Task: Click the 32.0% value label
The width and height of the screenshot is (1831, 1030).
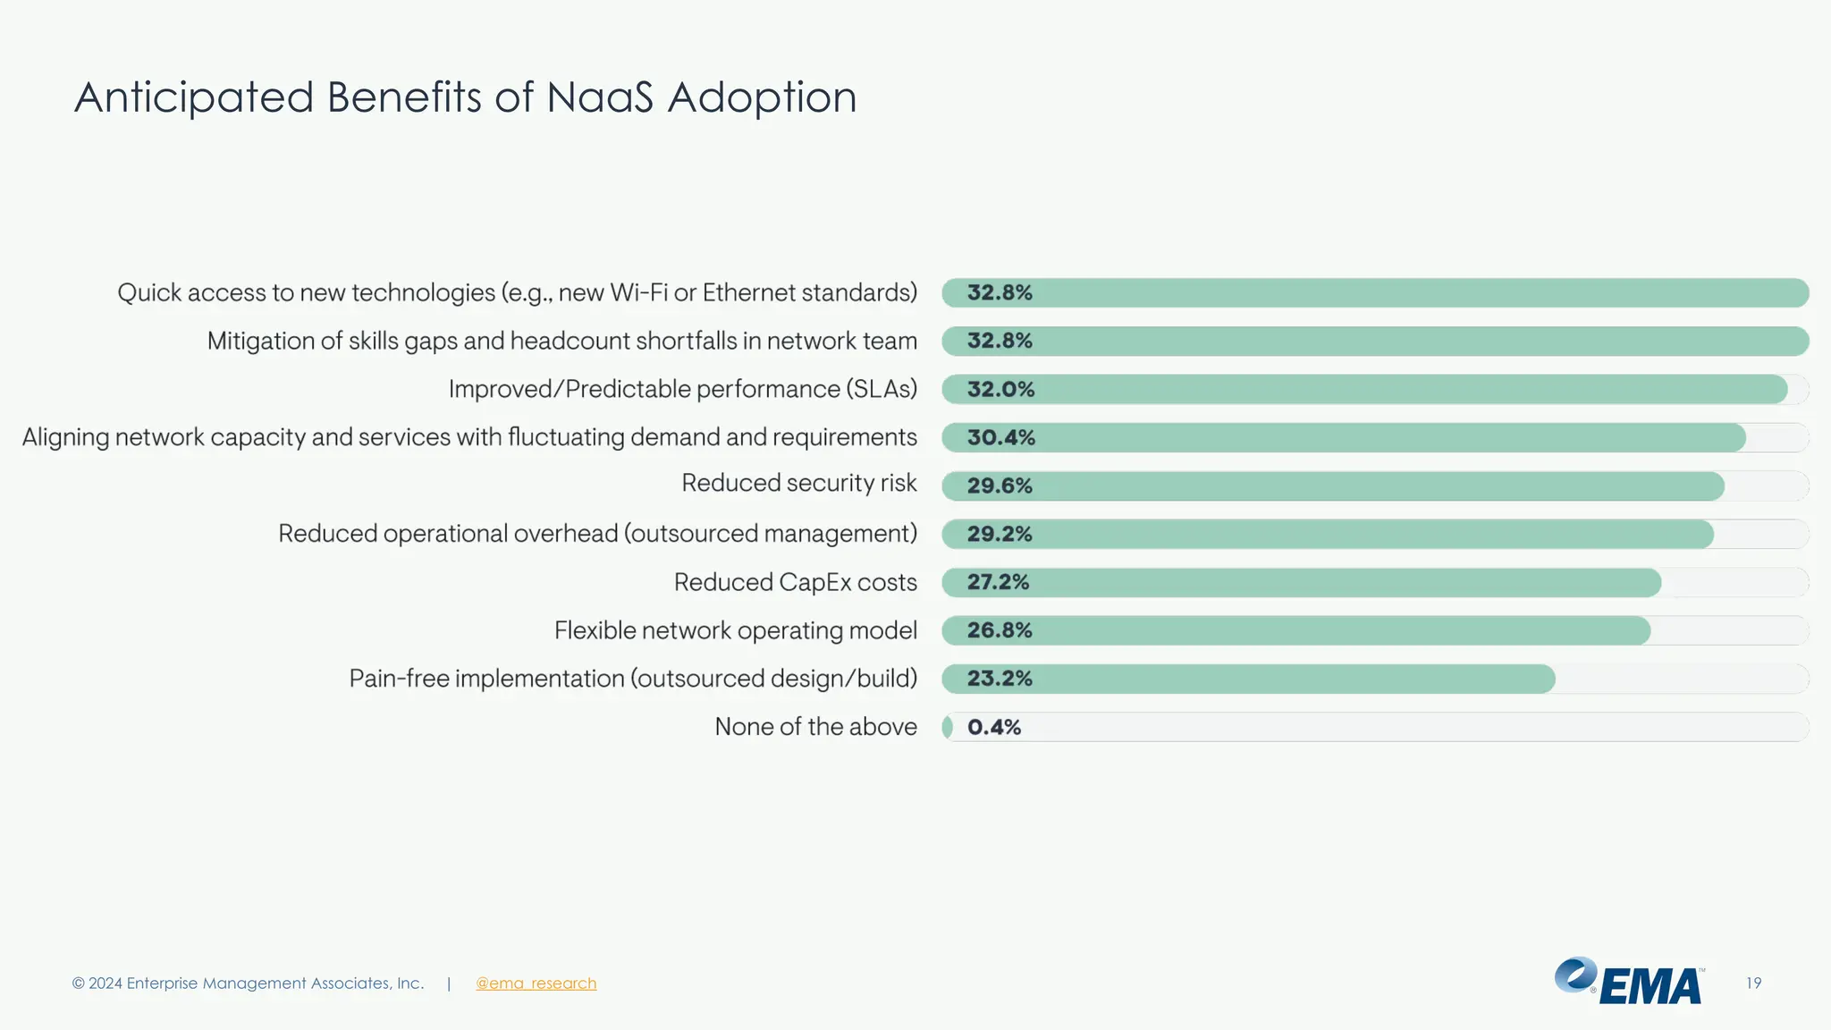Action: tap(1000, 389)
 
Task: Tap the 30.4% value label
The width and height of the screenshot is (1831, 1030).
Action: tap(1000, 437)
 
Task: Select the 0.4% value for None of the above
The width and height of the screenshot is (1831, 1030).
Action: tap(993, 727)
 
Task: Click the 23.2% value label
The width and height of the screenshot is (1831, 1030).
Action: tap(1000, 679)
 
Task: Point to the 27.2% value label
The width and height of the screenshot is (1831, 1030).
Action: tap(998, 582)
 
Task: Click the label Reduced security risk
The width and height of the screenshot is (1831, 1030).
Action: tap(798, 483)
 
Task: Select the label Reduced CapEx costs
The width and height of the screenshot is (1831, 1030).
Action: tap(795, 582)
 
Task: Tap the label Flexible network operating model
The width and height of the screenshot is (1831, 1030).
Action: tap(735, 630)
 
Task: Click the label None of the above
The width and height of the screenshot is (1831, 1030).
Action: tap(815, 727)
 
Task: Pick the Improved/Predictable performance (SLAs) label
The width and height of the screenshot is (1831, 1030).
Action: tap(682, 389)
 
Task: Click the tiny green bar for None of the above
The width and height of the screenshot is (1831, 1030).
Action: tap(947, 727)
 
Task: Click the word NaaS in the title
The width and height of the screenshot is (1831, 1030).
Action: tap(600, 97)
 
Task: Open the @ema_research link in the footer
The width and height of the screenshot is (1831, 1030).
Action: tap(536, 983)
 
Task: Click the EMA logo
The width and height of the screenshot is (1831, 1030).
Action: tap(1629, 982)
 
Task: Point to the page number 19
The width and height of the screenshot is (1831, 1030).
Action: tap(1753, 983)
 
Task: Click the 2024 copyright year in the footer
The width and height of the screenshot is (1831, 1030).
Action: tap(105, 983)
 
